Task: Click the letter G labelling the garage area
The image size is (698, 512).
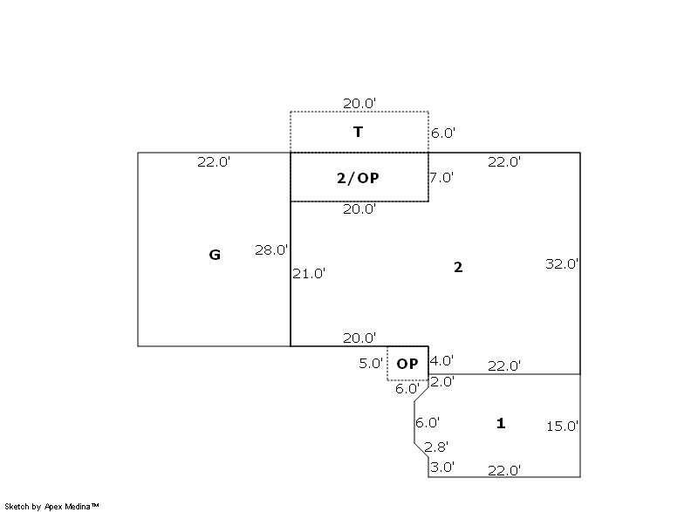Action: [215, 255]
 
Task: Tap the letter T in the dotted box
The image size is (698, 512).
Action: [358, 132]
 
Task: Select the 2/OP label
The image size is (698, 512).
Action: [358, 178]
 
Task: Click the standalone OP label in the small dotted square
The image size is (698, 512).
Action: [407, 364]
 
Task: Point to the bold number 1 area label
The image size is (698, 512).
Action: [501, 423]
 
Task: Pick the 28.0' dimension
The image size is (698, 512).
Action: [271, 250]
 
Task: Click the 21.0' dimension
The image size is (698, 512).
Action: [309, 274]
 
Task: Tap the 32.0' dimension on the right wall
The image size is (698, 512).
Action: [562, 263]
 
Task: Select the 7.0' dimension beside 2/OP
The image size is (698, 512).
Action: [441, 177]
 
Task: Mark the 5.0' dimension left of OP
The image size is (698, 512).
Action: [371, 363]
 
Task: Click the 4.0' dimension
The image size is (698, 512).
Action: [441, 360]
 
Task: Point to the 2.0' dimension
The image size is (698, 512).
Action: [442, 381]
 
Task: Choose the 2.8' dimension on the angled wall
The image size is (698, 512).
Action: [435, 447]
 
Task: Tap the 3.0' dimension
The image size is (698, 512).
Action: [442, 467]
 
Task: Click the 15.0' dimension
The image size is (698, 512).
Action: [562, 427]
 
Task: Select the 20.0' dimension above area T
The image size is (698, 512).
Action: [359, 103]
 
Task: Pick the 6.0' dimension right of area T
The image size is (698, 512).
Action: [443, 133]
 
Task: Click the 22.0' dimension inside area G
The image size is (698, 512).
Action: [214, 161]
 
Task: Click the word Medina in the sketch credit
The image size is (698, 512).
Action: [78, 506]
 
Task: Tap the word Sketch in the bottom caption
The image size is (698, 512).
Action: [17, 506]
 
